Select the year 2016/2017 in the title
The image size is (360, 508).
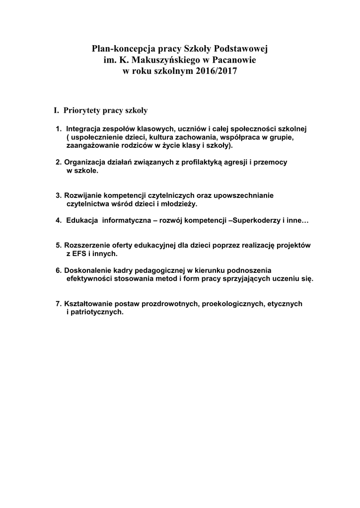point(215,71)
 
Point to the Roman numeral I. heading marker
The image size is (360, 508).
point(57,109)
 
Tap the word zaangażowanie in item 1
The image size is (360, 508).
point(92,146)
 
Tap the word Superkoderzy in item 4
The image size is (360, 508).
point(256,220)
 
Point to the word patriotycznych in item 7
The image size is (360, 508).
point(97,312)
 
